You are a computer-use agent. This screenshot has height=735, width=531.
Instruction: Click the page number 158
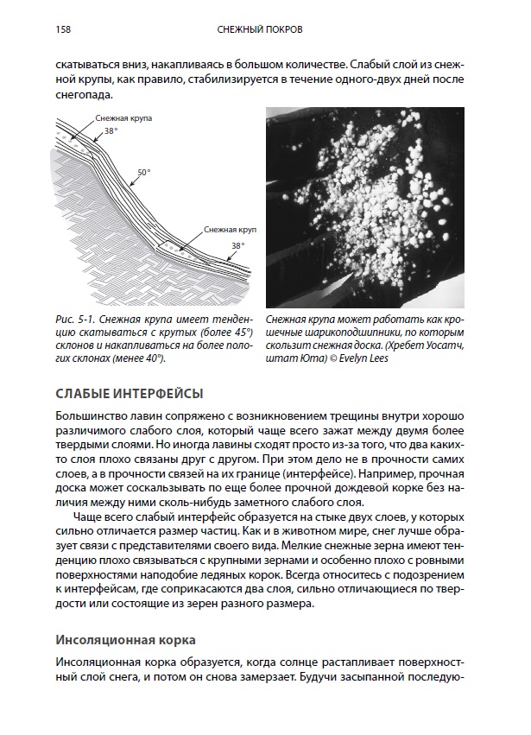tap(62, 30)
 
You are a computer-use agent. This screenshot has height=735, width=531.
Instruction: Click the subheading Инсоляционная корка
tap(125, 640)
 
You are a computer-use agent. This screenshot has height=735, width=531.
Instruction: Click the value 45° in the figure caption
tap(238, 332)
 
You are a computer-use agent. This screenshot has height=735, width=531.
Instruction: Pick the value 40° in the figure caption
tap(153, 359)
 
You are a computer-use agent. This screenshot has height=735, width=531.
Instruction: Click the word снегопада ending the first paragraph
tap(82, 95)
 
